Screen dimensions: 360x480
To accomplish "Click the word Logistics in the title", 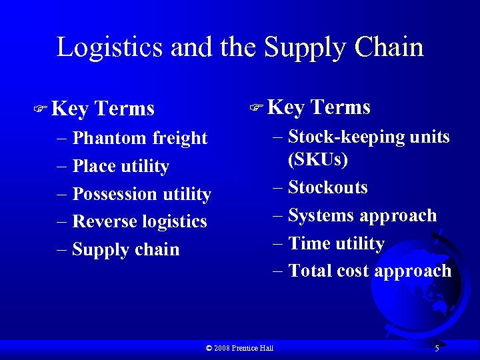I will pos(111,48).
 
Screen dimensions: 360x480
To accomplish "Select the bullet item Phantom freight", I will pos(140,138).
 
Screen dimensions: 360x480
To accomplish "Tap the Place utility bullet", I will pos(121,166).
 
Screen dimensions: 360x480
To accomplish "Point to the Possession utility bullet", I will pos(141,194).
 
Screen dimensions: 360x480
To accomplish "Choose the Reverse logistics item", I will pos(139,221).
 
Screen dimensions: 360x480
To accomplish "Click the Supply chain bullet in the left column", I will pos(125,249).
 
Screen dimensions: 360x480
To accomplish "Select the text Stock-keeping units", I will pos(369,137).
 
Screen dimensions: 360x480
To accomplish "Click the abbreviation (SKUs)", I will pos(318,160).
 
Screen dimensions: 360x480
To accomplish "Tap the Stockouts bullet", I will pos(327,187).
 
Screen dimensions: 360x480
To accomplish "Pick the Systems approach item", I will pos(362,215).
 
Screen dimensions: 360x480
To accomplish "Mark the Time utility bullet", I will pos(336,243).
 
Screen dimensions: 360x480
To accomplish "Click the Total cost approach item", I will pos(369,271).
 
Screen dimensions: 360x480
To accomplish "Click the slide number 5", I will pos(437,348).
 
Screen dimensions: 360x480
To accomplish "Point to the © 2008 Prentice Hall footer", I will pos(240,348).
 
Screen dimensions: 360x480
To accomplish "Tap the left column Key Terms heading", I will pos(103,108).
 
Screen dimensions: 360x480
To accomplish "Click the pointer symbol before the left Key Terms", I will pos(41,107).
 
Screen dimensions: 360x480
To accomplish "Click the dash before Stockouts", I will pos(278,187).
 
